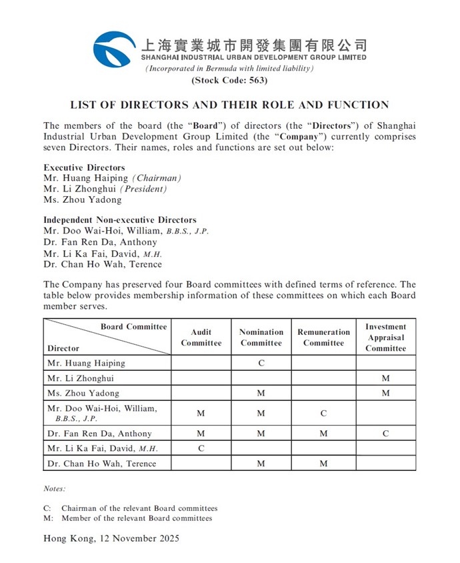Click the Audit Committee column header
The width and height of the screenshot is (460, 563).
click(x=201, y=338)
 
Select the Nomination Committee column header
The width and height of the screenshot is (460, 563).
click(x=261, y=338)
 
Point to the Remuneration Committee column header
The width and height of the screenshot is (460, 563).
click(x=323, y=338)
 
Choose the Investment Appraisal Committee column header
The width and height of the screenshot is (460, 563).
click(x=385, y=338)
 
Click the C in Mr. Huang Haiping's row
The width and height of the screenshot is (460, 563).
click(x=261, y=364)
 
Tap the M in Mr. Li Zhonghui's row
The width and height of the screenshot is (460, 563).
click(x=385, y=378)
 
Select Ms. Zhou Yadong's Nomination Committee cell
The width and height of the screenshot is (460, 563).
click(x=261, y=394)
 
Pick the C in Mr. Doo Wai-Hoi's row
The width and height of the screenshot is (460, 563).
click(x=323, y=414)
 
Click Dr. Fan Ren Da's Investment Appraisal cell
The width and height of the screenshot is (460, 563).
click(x=385, y=434)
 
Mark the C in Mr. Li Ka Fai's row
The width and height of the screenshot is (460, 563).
click(x=201, y=448)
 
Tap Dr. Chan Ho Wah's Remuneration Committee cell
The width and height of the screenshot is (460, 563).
click(x=323, y=464)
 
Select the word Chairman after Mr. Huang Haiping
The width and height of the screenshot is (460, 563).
click(x=157, y=178)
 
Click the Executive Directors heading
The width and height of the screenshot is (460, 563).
click(x=84, y=167)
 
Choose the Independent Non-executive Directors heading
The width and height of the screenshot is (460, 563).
click(x=119, y=219)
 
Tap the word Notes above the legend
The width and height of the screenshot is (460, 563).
click(x=55, y=489)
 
